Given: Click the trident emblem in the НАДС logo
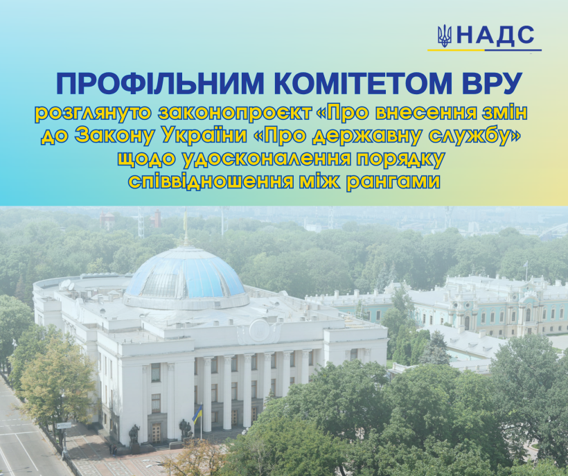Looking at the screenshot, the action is tap(444, 36).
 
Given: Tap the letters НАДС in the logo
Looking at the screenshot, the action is tap(495, 36).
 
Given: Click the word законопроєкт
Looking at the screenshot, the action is tap(235, 114).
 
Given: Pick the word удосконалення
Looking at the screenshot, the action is tap(267, 159).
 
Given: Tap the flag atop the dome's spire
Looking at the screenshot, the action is tap(186, 219).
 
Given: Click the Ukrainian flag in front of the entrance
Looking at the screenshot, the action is tap(197, 414).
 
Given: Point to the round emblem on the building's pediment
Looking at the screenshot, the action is tap(259, 330).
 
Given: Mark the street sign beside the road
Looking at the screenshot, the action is tap(64, 425).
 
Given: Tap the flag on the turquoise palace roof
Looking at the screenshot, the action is tap(526, 265).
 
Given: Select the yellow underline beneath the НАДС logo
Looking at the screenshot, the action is tap(456, 50).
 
